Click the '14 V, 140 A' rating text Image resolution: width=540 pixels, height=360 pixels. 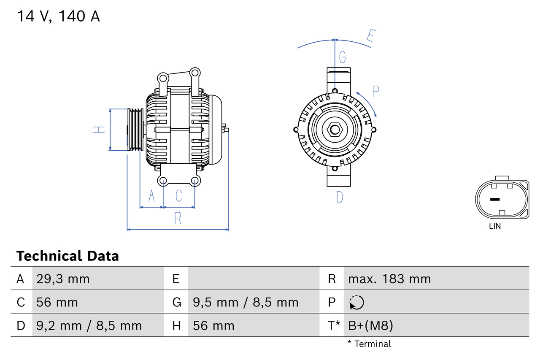(x=58, y=16)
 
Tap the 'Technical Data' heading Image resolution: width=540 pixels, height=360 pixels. (x=67, y=256)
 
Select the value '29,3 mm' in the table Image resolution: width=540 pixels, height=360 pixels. (x=63, y=279)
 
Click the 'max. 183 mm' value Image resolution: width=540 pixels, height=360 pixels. (x=389, y=279)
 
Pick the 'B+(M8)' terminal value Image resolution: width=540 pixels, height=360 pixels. (x=370, y=325)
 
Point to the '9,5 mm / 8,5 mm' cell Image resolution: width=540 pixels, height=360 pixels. (x=246, y=302)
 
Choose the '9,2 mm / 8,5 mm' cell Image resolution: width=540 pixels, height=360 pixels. (x=89, y=325)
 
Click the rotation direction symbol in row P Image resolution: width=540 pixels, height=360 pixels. (x=356, y=302)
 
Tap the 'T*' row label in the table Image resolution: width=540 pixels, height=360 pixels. (x=334, y=325)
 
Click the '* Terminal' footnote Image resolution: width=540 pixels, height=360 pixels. (x=369, y=344)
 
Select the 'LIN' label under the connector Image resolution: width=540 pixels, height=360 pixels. (x=495, y=226)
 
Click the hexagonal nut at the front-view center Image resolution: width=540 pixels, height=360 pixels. (x=335, y=130)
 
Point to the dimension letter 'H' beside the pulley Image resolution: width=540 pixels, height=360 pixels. (x=99, y=130)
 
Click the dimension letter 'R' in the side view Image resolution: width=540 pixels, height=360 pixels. (x=178, y=218)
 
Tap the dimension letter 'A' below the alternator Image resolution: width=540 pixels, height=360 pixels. (x=151, y=196)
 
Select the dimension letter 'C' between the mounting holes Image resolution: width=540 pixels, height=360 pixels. (x=179, y=196)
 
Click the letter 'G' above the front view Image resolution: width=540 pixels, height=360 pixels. (x=342, y=57)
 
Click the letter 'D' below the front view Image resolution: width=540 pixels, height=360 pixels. (x=340, y=197)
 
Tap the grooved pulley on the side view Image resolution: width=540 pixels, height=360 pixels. (x=135, y=130)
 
